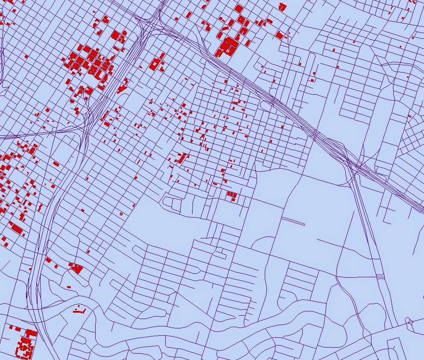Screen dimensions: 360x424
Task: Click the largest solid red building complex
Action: click(228, 46)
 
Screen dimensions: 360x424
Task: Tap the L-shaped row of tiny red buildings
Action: click(79, 310)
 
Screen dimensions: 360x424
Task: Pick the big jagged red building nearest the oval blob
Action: click(77, 268)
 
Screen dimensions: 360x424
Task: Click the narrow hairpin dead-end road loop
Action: click(293, 221)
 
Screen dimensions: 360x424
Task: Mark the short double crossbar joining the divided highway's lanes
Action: click(380, 278)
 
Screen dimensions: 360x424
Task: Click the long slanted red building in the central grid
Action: click(181, 158)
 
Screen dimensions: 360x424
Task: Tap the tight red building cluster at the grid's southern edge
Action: click(232, 196)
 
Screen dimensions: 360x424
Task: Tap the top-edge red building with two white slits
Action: click(282, 6)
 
